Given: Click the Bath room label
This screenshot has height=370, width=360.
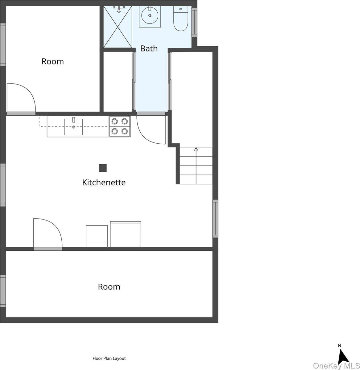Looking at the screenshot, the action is coord(149,48).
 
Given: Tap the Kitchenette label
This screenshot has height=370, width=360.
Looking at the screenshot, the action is coord(104,182).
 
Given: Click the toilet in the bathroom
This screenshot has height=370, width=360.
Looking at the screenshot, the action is coord(180,18).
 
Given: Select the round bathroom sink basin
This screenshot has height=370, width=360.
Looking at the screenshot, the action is coord(150,16).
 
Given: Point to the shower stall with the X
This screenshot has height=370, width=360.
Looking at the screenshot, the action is coord(118,27).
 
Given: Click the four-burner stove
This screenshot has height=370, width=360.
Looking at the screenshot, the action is coord(120,126).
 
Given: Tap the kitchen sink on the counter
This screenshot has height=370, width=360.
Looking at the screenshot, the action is coord(74,126).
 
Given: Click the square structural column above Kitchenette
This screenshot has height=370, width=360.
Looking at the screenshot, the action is coord(103,168).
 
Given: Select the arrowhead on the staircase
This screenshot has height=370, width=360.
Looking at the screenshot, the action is coord(196,149).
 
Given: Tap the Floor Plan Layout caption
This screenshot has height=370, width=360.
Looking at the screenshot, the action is coord(109,358).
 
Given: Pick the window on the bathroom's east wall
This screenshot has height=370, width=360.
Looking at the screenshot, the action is coord(194,23).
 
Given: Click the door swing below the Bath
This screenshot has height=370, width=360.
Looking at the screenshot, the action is coord(145,137).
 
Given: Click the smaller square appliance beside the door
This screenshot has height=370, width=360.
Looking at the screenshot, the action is coord(97,236).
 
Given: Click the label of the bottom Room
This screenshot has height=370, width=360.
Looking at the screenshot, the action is coord(109,287).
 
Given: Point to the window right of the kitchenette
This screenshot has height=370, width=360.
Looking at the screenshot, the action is coord(215,219).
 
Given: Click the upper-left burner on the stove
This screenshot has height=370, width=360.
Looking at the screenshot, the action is coord(114,121).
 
